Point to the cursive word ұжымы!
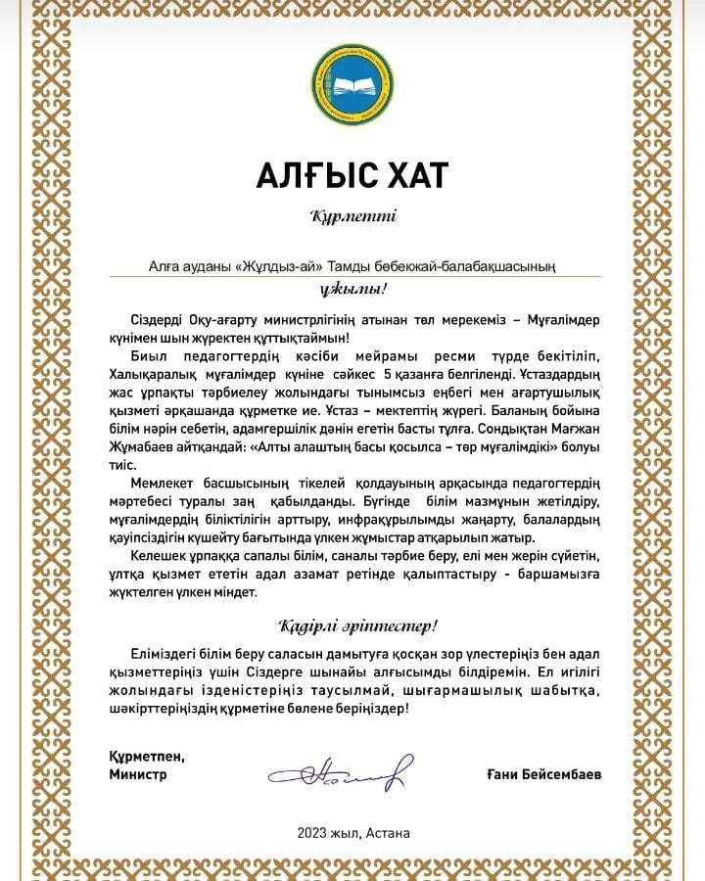click(353, 289)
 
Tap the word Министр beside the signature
click(138, 773)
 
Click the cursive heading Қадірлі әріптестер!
click(352, 625)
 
